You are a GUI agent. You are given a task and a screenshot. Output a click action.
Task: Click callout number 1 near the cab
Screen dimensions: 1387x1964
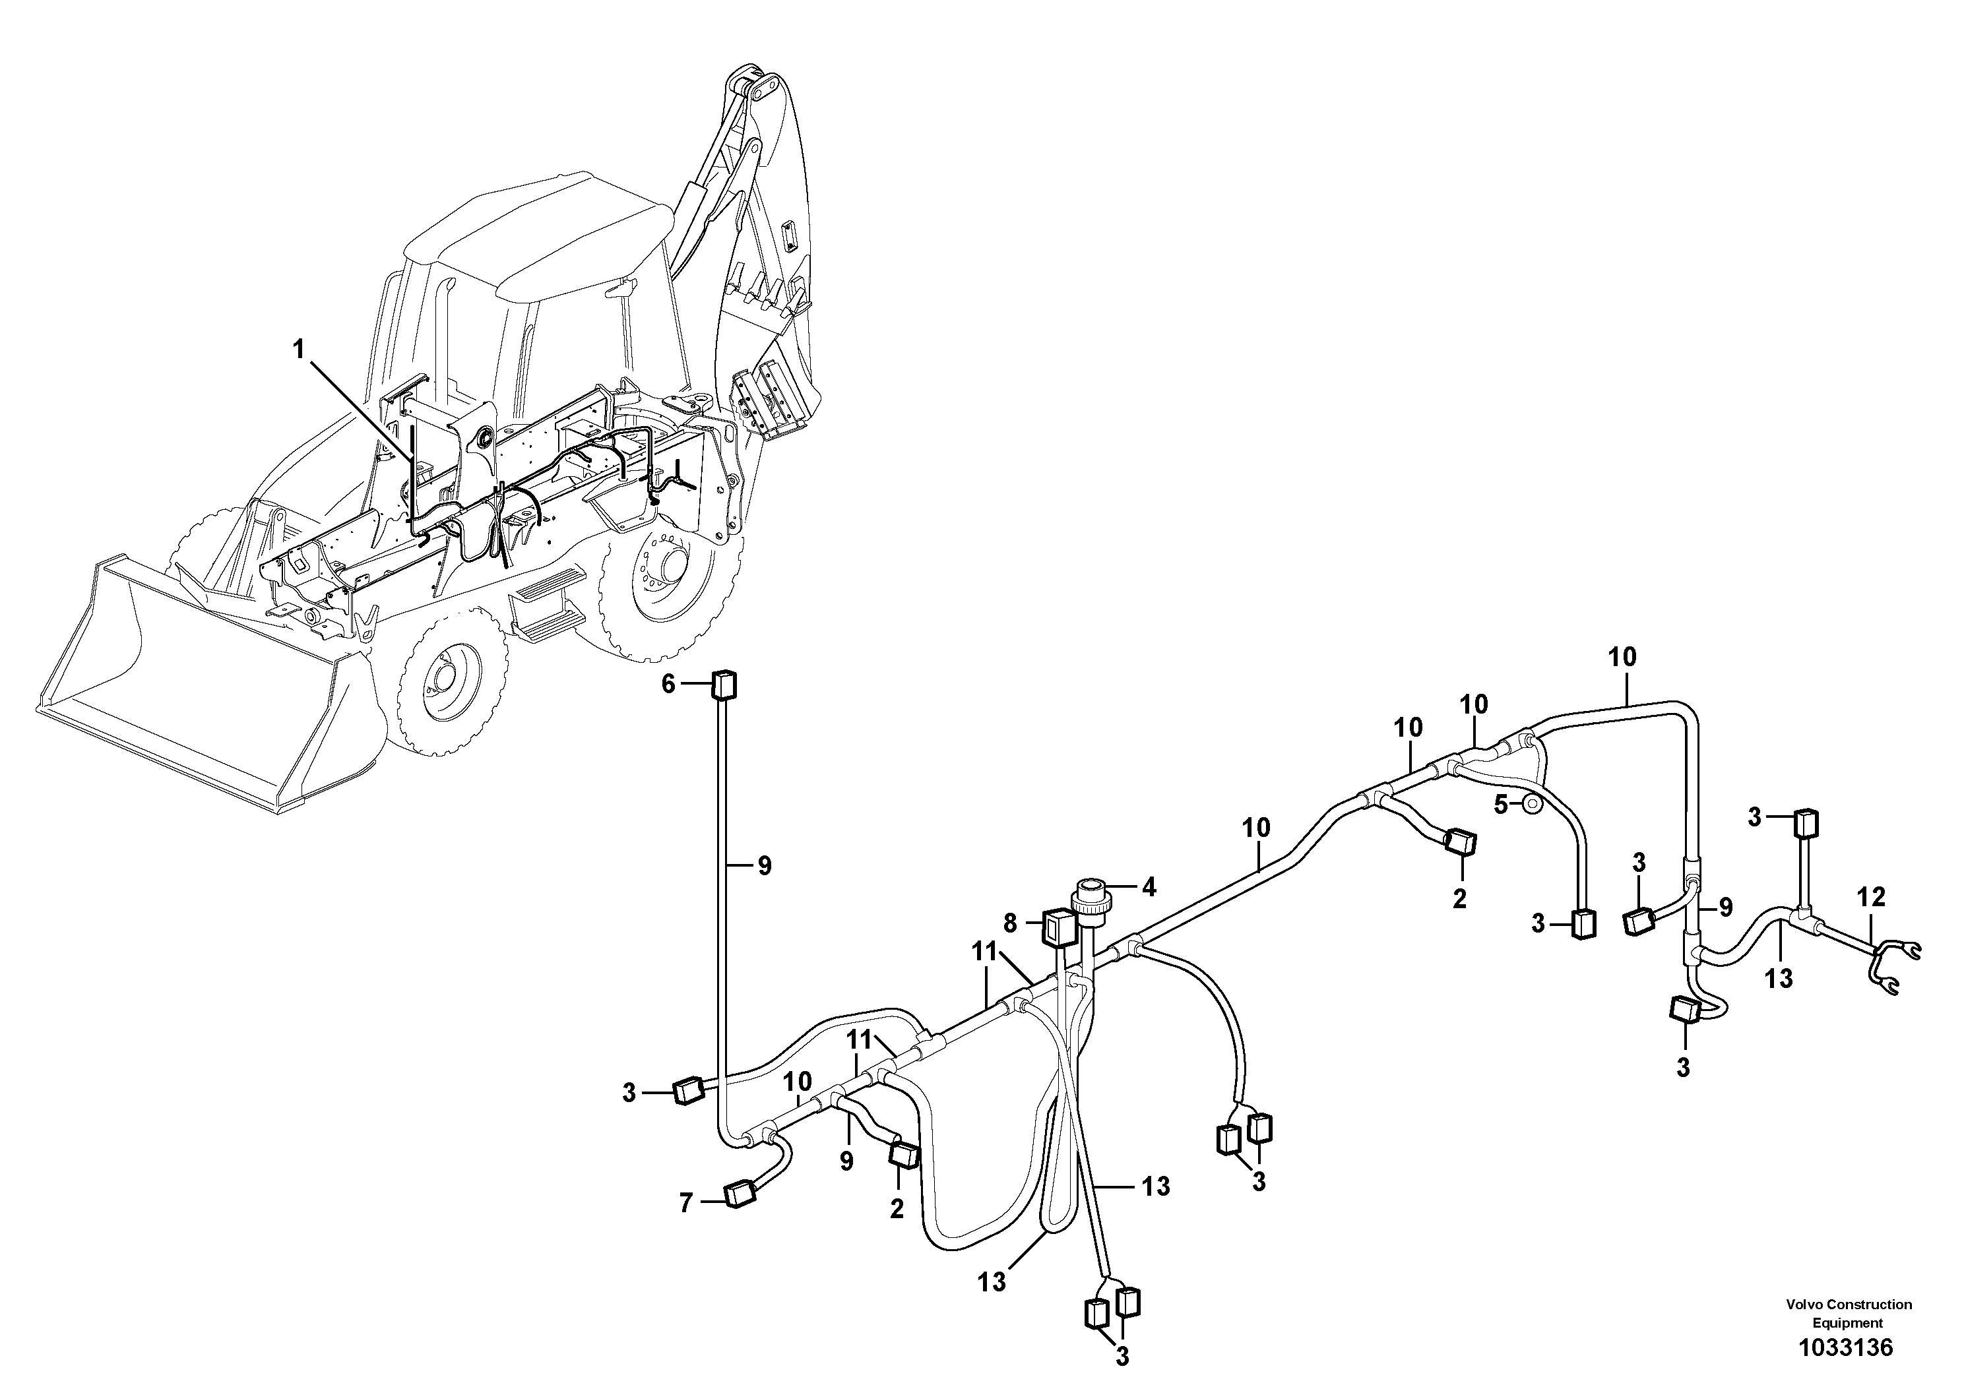point(299,350)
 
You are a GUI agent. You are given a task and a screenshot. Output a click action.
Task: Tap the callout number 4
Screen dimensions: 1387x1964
point(1149,888)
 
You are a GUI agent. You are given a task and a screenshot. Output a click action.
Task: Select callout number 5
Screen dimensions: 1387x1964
point(1502,804)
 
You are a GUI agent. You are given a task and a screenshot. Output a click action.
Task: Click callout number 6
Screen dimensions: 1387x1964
point(668,683)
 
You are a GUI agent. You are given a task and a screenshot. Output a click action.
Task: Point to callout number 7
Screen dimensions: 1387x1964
point(685,1203)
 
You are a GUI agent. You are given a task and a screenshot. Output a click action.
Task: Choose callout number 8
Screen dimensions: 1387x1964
point(1010,923)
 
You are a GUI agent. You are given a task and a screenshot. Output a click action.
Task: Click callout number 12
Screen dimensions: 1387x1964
point(1871,897)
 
